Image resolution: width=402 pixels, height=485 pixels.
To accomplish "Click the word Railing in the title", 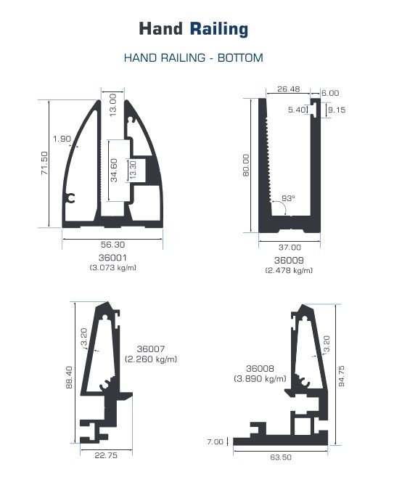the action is tap(219, 29).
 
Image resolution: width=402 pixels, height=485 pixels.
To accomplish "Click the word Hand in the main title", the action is tap(161, 28).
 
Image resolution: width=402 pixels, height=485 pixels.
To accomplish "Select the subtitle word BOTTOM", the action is tap(240, 58).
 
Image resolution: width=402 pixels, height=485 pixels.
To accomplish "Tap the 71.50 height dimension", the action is tap(44, 163).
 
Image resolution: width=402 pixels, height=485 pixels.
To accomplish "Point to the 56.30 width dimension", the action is tap(113, 245).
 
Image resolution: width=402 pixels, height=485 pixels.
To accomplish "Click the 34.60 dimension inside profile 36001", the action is tap(114, 170).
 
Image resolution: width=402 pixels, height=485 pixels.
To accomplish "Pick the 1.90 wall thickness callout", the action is tap(62, 139).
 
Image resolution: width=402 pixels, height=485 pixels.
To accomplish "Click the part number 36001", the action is tap(112, 258).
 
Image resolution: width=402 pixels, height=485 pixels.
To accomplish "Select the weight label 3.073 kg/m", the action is tap(113, 268).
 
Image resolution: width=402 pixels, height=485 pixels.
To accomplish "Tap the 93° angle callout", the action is tap(288, 198).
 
